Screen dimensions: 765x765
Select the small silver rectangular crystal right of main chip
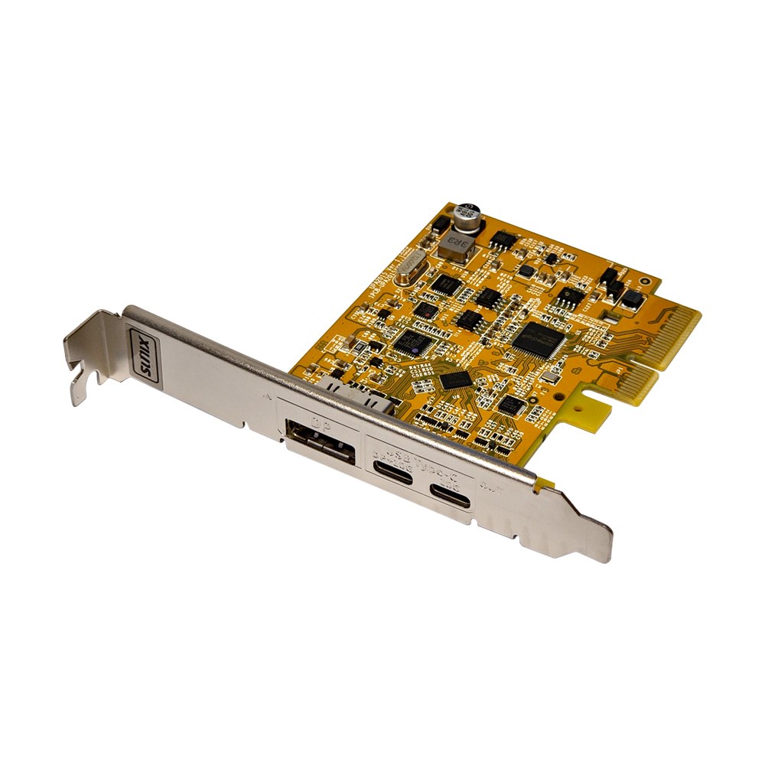pyautogui.click(x=550, y=379)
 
